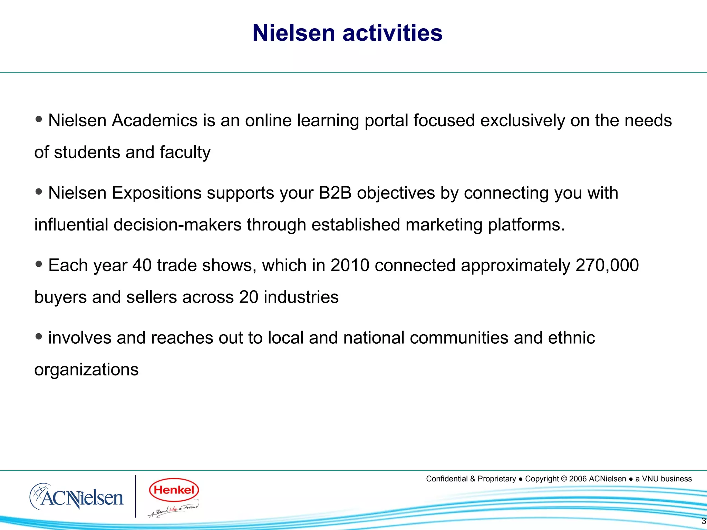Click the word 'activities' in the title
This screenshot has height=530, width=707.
point(392,33)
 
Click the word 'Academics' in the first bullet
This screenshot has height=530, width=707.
point(155,120)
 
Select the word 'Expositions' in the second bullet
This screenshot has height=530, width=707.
point(157,193)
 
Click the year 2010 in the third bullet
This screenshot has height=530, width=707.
point(350,265)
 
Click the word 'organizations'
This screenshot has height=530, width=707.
point(86,370)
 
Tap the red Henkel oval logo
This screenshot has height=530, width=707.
point(174,490)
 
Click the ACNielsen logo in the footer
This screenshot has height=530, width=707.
point(77,497)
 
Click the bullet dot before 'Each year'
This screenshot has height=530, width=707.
point(39,264)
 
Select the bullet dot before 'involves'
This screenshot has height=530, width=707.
point(39,336)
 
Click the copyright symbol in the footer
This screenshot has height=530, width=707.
point(564,479)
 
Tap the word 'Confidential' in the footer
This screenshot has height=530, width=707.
point(447,479)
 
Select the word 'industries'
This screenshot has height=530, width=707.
point(301,297)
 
